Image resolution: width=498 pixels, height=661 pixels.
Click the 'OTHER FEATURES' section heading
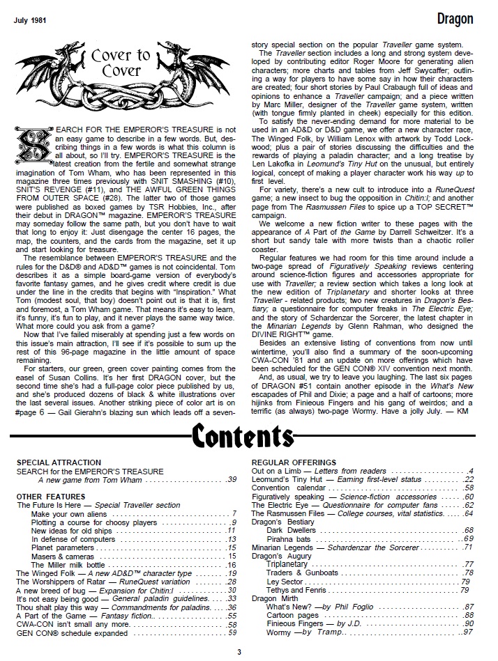[50, 497]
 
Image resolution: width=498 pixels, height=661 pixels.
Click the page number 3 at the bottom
[239, 653]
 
